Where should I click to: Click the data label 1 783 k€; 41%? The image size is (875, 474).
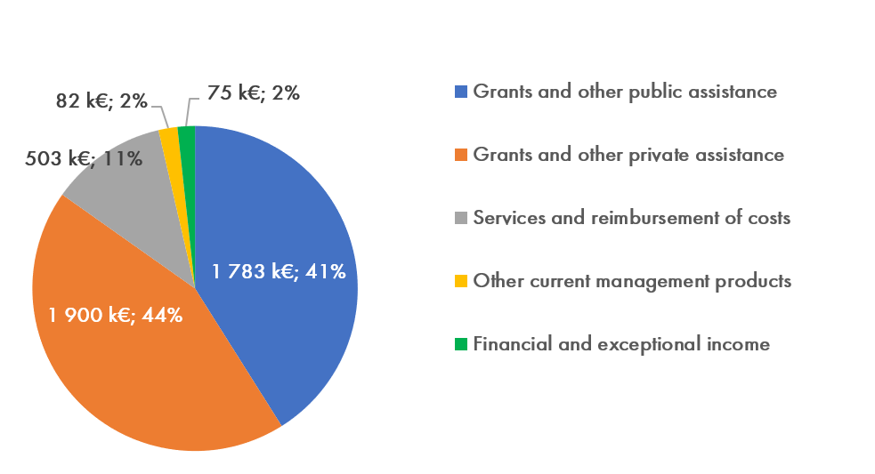279,271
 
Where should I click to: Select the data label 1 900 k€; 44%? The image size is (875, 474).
116,314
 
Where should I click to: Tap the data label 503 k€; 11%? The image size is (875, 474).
85,159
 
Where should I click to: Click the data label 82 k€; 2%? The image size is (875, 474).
101,101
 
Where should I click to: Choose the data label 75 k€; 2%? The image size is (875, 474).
254,92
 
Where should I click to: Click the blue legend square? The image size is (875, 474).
460,92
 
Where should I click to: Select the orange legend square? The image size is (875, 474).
460,155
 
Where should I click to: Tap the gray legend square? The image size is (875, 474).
460,218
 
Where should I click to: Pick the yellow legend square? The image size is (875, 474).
460,281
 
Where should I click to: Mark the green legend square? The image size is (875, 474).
460,344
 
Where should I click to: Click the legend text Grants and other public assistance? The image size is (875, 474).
625,92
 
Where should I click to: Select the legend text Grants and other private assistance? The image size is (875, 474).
628,155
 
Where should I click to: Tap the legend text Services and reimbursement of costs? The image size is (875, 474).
631,218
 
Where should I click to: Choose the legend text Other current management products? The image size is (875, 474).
632,281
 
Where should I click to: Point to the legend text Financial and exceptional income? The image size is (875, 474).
621,344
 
